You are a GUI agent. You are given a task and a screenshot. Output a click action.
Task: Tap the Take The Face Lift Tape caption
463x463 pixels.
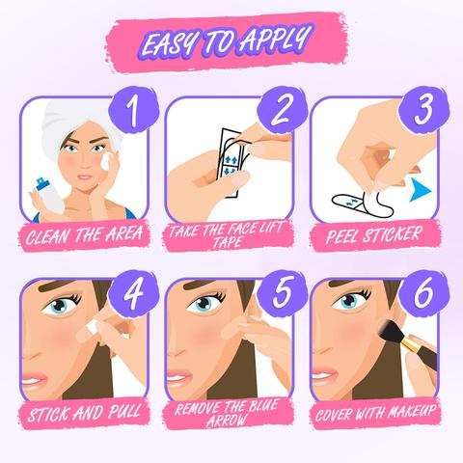[231, 234]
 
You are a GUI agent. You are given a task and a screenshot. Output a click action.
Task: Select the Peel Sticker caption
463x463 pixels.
[377, 233]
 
